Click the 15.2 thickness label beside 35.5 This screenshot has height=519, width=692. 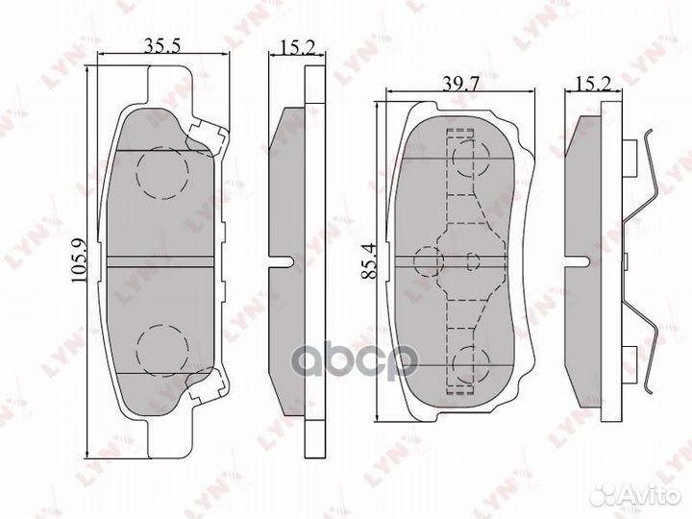[287, 43]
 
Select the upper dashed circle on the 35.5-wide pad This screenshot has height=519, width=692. [161, 172]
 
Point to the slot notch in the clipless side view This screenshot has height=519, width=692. [285, 260]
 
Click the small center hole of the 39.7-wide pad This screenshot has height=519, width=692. [472, 260]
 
